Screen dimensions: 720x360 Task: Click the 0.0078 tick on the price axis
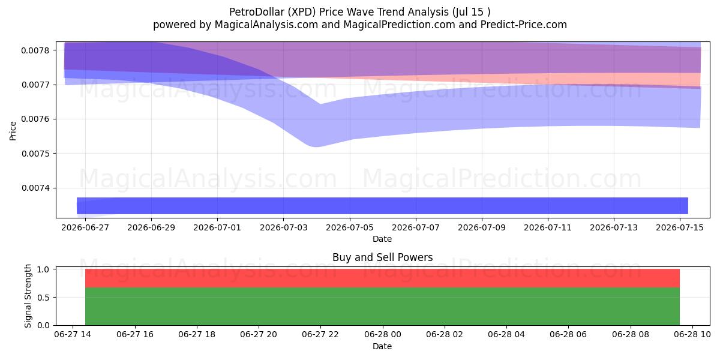[x=35, y=50]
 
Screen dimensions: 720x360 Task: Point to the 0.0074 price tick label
[x=35, y=188]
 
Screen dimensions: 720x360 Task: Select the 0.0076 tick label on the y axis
[x=35, y=119]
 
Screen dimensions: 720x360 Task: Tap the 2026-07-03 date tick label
[x=283, y=227]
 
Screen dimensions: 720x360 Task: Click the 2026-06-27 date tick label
[x=85, y=227]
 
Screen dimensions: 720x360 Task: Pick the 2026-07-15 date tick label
[x=680, y=227]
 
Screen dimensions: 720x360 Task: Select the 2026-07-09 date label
[x=481, y=227]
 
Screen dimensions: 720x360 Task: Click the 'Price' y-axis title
[x=13, y=131]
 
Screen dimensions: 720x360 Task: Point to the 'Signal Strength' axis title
[x=28, y=296]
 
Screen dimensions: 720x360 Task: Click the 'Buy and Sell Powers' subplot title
[x=383, y=257]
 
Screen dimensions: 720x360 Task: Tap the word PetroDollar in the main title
[x=257, y=12]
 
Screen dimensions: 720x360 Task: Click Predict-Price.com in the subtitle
[x=524, y=25]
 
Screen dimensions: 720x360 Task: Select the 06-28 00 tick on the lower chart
[x=383, y=335]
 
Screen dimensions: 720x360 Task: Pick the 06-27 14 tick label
[x=73, y=335]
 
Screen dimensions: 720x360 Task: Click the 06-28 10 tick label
[x=692, y=335]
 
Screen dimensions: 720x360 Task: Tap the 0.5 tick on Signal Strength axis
[x=43, y=298]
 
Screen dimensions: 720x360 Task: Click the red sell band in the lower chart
[x=383, y=278]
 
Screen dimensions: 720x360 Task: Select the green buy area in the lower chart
[x=383, y=307]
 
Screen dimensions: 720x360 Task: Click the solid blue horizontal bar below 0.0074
[x=383, y=206]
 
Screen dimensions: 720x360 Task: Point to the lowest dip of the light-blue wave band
[x=316, y=146]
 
